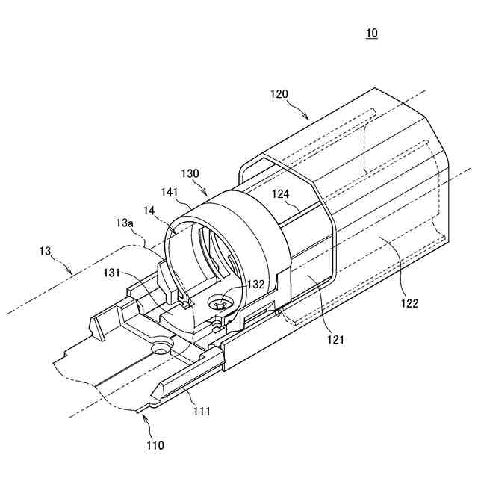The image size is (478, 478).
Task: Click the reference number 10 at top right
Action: (x=372, y=34)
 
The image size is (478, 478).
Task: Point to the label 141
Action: (x=170, y=192)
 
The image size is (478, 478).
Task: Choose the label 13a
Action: (x=125, y=223)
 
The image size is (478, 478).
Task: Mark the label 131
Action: (x=113, y=273)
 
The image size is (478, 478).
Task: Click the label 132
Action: (x=256, y=284)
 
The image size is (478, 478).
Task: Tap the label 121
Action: (x=335, y=340)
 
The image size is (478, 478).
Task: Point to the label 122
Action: (x=409, y=303)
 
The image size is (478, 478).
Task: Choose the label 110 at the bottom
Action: (x=155, y=446)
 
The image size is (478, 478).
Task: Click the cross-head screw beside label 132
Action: (x=222, y=304)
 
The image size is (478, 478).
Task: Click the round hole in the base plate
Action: (x=159, y=348)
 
